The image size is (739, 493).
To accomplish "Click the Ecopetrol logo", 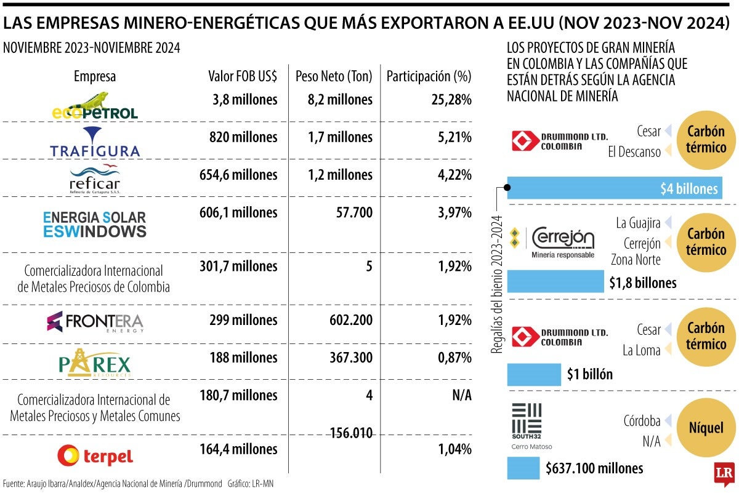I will (x=95, y=106).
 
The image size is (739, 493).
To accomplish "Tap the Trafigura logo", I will (x=95, y=142).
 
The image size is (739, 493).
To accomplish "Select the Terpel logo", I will (x=95, y=456).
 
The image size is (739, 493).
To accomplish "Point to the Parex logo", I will (x=95, y=363).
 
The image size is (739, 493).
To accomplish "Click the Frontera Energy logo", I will (x=95, y=321).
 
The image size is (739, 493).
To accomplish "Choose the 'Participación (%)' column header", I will (x=429, y=77).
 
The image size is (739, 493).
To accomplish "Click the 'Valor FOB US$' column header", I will (x=243, y=77).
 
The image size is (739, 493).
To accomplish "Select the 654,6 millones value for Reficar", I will (x=238, y=175).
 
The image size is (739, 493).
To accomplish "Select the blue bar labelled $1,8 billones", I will (x=555, y=282).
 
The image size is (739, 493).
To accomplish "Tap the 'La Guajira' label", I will (x=638, y=222).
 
